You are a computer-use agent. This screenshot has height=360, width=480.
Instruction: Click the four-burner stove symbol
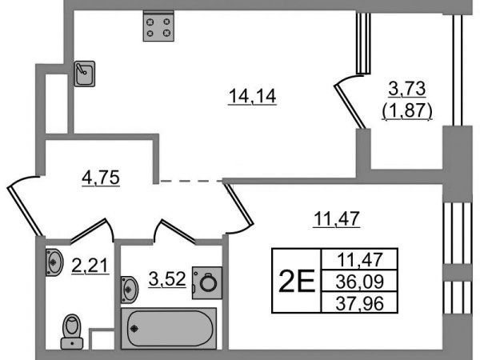(158, 26)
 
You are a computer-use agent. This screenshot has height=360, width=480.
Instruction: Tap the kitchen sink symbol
(85, 74)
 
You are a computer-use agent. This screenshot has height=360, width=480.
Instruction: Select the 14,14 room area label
(253, 96)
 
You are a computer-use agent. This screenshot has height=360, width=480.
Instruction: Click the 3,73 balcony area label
(407, 89)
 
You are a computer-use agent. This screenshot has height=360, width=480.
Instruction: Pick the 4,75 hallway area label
(101, 178)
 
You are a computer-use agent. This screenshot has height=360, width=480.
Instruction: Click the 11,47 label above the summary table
(337, 218)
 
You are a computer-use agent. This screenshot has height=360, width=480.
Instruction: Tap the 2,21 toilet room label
(90, 265)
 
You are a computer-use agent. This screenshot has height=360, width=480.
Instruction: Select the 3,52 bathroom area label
(167, 279)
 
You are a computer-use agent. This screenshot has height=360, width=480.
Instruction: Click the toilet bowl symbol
(72, 331)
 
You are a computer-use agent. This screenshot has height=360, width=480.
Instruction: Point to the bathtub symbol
(169, 328)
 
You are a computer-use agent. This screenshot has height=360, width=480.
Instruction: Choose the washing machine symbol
(207, 282)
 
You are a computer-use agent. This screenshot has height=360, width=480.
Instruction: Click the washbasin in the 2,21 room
(54, 262)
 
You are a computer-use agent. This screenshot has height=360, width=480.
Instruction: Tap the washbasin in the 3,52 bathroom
(130, 290)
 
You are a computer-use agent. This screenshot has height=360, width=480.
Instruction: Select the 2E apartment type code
(297, 281)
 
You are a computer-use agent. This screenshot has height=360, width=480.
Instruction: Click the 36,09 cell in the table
(359, 281)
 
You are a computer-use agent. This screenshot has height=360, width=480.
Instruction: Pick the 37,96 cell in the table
(359, 303)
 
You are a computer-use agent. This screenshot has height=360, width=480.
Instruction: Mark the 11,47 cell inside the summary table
(359, 259)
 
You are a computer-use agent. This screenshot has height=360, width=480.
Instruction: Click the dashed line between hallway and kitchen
(191, 182)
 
